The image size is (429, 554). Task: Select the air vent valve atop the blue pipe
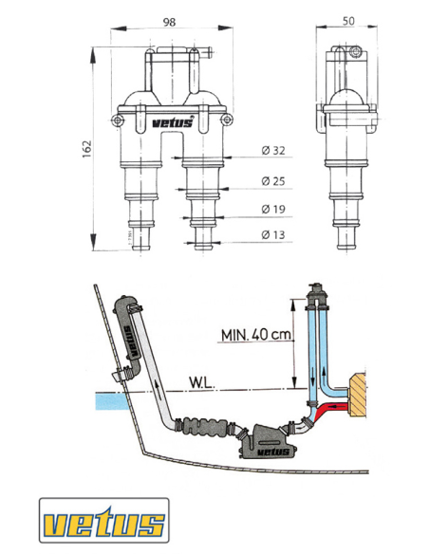point(314,297)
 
